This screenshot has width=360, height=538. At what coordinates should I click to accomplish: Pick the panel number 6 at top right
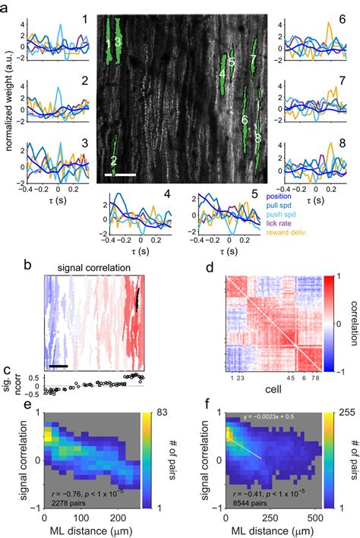(x=342, y=17)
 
